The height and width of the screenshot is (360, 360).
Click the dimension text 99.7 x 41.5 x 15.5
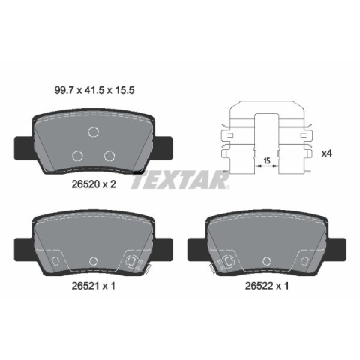coord(94,90)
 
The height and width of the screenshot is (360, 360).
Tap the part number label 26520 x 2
coord(94,184)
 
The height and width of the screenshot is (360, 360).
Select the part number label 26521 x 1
coord(94,286)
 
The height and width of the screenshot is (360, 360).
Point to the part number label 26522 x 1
coord(267,286)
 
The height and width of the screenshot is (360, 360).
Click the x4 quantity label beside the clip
coord(326,154)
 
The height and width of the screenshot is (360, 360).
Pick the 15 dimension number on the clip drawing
coord(267,161)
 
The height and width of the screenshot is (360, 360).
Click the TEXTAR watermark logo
coord(180,180)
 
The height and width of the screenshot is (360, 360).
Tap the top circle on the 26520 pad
coord(94,132)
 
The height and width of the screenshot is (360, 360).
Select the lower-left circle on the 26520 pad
coord(77,156)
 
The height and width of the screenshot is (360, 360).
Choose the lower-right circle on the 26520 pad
coord(109,156)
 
